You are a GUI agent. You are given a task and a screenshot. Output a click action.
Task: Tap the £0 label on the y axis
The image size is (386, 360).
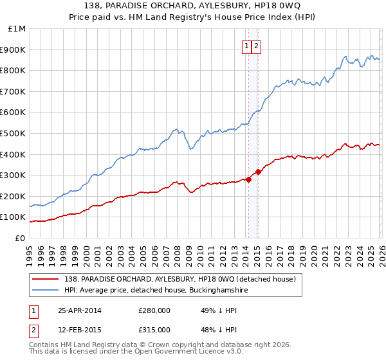tap(20, 238)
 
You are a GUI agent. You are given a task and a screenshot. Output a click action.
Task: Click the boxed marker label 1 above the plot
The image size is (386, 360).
tap(247, 46)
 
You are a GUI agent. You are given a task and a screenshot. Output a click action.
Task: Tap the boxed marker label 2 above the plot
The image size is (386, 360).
tap(256, 46)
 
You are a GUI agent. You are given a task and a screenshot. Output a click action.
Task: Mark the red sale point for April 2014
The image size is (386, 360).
tap(248, 179)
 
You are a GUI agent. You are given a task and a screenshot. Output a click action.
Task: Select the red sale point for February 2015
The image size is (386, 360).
tap(257, 172)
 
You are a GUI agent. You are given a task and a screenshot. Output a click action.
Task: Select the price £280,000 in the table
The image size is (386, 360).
tap(154, 310)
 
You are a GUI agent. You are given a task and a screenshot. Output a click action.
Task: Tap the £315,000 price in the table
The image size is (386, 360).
tap(154, 330)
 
